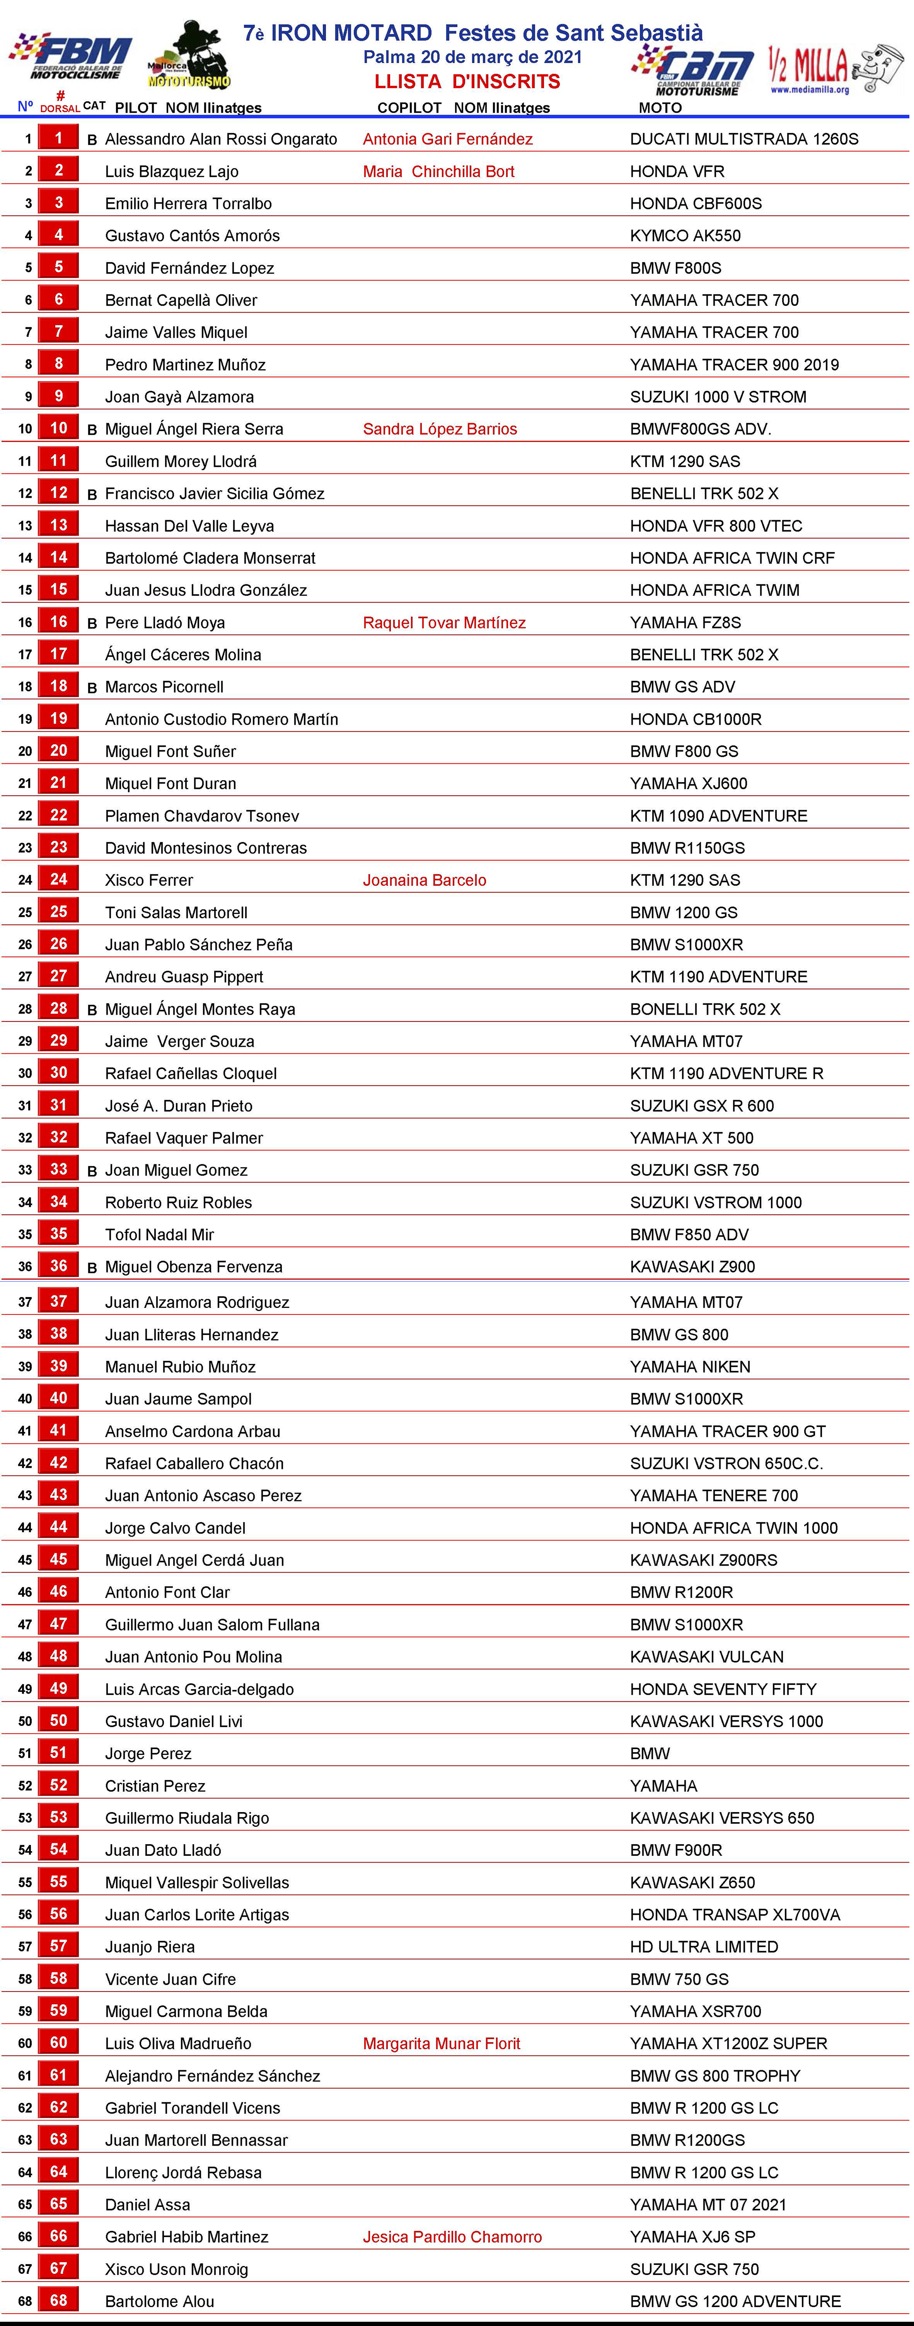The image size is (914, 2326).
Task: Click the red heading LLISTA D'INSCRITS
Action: pos(467,81)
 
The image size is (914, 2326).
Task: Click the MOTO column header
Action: pos(660,108)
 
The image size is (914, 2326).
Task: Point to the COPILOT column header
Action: pos(409,108)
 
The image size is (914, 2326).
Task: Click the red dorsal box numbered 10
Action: pos(59,428)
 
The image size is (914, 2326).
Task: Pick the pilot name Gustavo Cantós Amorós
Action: pos(192,236)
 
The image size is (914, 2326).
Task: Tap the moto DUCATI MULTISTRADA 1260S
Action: pos(744,139)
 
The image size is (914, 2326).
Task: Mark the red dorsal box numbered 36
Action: pos(59,1266)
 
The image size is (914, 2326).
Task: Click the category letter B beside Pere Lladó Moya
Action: pos(92,623)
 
